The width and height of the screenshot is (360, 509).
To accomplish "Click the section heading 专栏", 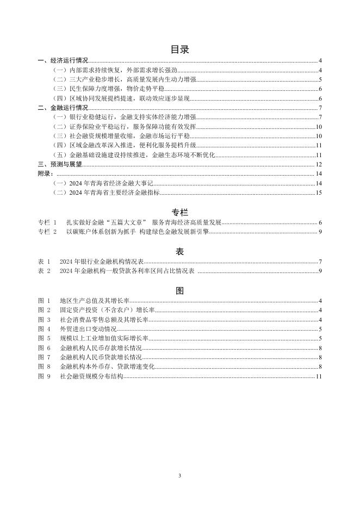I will pyautogui.click(x=179, y=212).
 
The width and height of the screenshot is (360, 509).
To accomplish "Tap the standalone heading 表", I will pyautogui.click(x=179, y=251).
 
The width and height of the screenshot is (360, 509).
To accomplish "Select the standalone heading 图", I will pyautogui.click(x=179, y=290).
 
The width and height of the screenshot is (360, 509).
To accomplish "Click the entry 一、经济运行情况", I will pyautogui.click(x=62, y=61).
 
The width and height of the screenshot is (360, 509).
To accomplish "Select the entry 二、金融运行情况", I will pyautogui.click(x=62, y=108).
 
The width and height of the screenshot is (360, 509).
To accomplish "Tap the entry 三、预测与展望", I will pyautogui.click(x=60, y=164).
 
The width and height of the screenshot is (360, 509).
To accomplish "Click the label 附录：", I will pyautogui.click(x=46, y=173).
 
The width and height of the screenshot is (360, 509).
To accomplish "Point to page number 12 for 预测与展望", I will pyautogui.click(x=319, y=164).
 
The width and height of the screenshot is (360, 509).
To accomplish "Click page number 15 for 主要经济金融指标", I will pyautogui.click(x=319, y=193).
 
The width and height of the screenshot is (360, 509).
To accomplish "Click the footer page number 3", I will pyautogui.click(x=179, y=475).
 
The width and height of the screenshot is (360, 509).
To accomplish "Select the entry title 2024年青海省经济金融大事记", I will pyautogui.click(x=111, y=183).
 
